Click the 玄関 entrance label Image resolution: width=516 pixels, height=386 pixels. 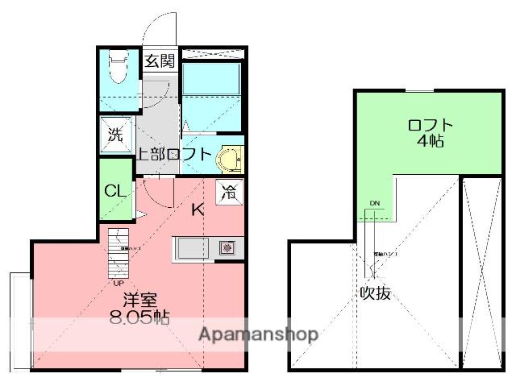[x=159, y=60]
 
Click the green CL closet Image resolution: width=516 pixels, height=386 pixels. [x=115, y=192]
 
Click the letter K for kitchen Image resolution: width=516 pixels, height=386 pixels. [x=198, y=211]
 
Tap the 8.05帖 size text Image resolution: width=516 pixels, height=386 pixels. [x=139, y=316]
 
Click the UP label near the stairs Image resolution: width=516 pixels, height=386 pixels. [x=119, y=283]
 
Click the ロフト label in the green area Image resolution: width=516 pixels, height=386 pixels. [x=431, y=125]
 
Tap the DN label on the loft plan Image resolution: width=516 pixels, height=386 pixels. [x=374, y=202]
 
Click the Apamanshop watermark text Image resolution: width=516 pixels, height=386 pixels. [x=257, y=334]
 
